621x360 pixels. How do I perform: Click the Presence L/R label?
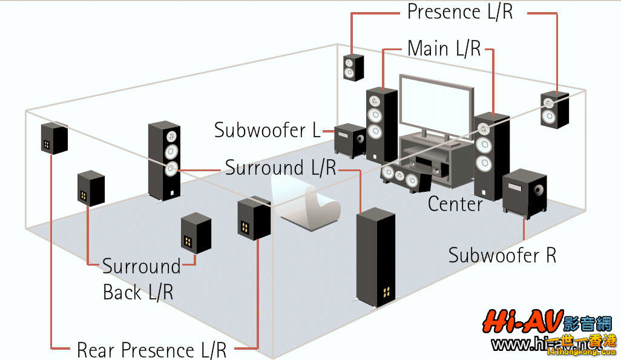pos(459,11)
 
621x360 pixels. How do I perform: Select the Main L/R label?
pos(444,48)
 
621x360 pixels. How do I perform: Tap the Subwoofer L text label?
pos(268,130)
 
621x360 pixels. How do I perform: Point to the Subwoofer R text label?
pos(502,255)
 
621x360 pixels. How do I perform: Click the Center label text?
pos(455,204)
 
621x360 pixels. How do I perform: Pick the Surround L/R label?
pos(280,168)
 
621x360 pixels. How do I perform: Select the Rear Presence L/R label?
pos(151,350)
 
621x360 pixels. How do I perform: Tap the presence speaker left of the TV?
pos(354,67)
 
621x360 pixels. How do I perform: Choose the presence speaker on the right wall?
pos(554,110)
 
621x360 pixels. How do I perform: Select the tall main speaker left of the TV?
pos(381,124)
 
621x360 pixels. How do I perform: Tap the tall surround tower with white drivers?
pos(165,160)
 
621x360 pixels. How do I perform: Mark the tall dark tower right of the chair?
pos(375,257)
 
